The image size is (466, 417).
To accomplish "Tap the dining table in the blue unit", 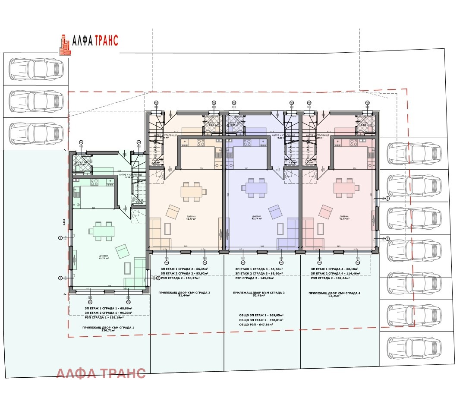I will click(x=256, y=188).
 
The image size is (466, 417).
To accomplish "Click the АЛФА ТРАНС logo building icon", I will click(x=65, y=45).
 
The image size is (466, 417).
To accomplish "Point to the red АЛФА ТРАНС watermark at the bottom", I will click(x=101, y=373).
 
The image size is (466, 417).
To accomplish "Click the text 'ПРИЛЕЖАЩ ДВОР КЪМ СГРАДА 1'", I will click(x=108, y=328).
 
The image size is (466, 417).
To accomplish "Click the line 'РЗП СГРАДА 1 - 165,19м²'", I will click(x=108, y=317).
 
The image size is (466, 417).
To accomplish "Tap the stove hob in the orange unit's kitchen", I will click(x=201, y=142).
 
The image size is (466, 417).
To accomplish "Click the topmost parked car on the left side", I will click(x=35, y=69).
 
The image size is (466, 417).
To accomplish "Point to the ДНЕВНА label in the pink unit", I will click(x=344, y=216).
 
